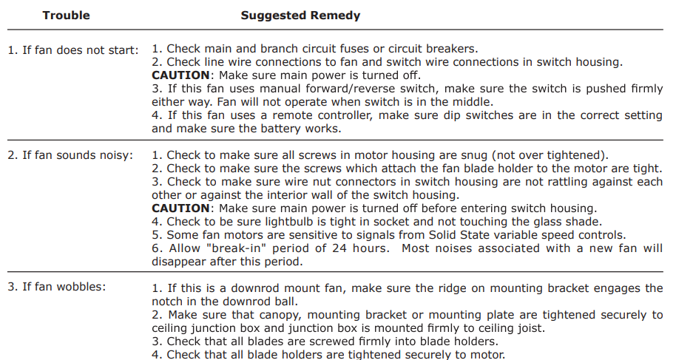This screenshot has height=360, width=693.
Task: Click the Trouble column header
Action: (66, 15)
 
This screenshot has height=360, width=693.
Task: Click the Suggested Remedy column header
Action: (300, 15)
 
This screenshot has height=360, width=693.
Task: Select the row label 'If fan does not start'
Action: (73, 50)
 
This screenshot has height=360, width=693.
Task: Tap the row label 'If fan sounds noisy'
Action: (70, 155)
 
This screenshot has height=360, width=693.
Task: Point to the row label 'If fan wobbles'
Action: (56, 286)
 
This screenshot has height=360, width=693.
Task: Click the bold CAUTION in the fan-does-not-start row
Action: (180, 75)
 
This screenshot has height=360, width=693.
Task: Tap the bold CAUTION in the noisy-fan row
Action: (180, 208)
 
